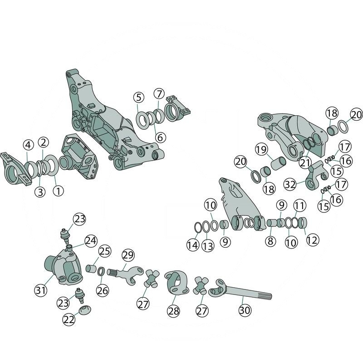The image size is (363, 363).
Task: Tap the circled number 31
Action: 41,289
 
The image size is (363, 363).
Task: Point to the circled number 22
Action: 69,319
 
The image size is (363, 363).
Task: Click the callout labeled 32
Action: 290,185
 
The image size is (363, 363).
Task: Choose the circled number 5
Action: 138,97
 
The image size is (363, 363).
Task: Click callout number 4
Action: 29,145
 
